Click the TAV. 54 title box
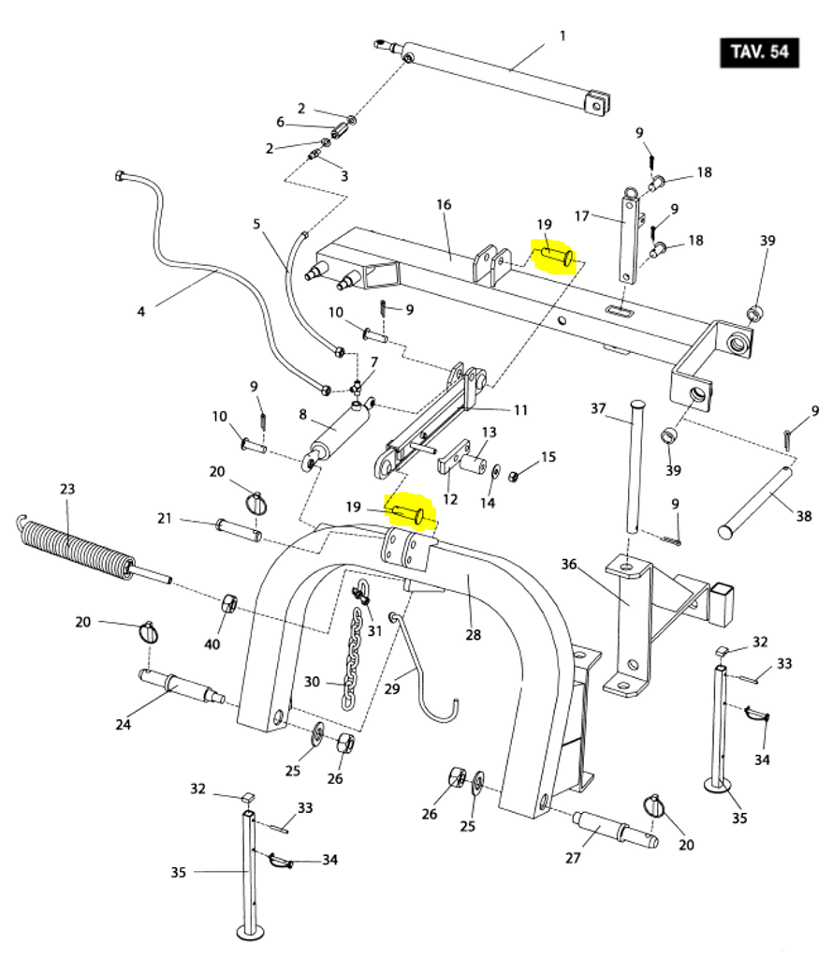coord(759,52)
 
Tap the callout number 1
coord(563,37)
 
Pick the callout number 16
coord(444,204)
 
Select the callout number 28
coord(473,635)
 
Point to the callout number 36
coord(568,564)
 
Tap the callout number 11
coord(520,410)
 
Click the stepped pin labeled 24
coord(182,687)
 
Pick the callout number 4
coord(140,312)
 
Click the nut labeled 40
coord(228,603)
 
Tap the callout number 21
coord(165,519)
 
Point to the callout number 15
coord(548,457)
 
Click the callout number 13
coord(489,433)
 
